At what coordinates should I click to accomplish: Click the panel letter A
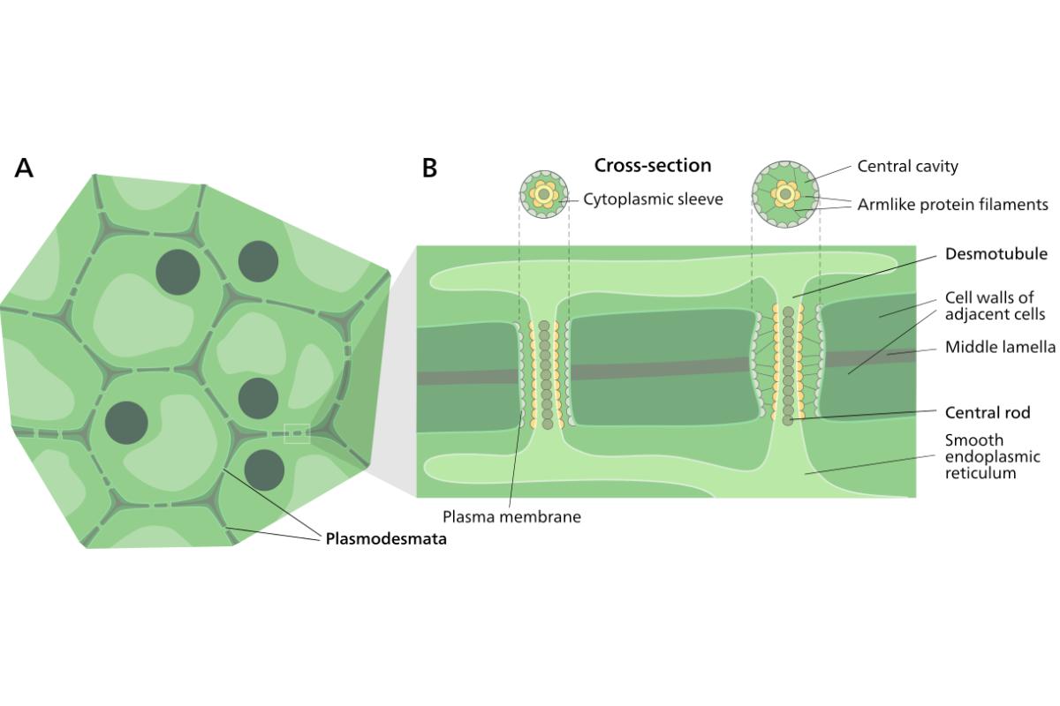click(x=24, y=168)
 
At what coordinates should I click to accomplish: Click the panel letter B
click(x=430, y=168)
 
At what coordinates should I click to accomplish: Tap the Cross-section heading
click(x=653, y=165)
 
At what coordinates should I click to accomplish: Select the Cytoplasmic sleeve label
click(x=653, y=199)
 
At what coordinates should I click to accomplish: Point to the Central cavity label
click(x=907, y=166)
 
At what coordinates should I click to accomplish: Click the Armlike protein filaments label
click(x=952, y=205)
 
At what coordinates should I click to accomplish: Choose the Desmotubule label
click(x=996, y=254)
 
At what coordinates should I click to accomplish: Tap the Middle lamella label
click(x=1000, y=347)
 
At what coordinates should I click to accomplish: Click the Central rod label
click(x=988, y=412)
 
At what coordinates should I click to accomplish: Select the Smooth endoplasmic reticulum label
click(x=992, y=456)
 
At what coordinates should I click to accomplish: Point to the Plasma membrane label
click(x=511, y=517)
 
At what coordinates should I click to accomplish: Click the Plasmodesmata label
click(x=385, y=538)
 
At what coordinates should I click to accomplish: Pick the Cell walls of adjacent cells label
click(x=995, y=305)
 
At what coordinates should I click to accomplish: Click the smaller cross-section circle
click(x=542, y=194)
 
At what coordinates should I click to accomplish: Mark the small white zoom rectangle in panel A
click(x=296, y=433)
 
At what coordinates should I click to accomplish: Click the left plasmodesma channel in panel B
click(x=543, y=374)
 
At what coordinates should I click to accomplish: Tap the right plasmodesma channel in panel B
click(x=788, y=364)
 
